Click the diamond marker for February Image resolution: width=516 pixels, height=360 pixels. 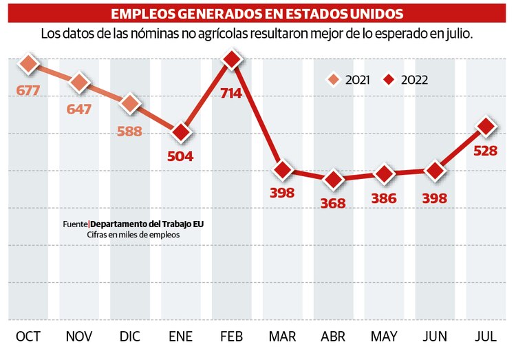[x=232, y=61]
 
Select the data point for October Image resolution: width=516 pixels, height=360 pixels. [x=28, y=64]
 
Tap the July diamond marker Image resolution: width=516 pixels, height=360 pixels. [x=486, y=127]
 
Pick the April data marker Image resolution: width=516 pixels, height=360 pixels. [x=334, y=180]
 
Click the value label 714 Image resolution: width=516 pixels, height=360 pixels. [x=231, y=92]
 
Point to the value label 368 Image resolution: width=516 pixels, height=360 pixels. [x=334, y=204]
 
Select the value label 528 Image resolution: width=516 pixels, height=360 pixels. [x=486, y=150]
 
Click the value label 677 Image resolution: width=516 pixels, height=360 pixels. [x=28, y=89]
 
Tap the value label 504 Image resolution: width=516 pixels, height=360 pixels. [x=180, y=156]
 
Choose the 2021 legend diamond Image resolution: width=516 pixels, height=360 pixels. [x=334, y=80]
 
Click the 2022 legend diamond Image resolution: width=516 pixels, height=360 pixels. [x=389, y=80]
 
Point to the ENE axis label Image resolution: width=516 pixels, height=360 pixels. [x=180, y=337]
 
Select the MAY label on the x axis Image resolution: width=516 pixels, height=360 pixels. [x=384, y=337]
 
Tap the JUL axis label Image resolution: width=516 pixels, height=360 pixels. [x=486, y=337]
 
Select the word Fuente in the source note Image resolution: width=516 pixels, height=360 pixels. [x=75, y=224]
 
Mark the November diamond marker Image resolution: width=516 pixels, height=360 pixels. [x=79, y=83]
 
